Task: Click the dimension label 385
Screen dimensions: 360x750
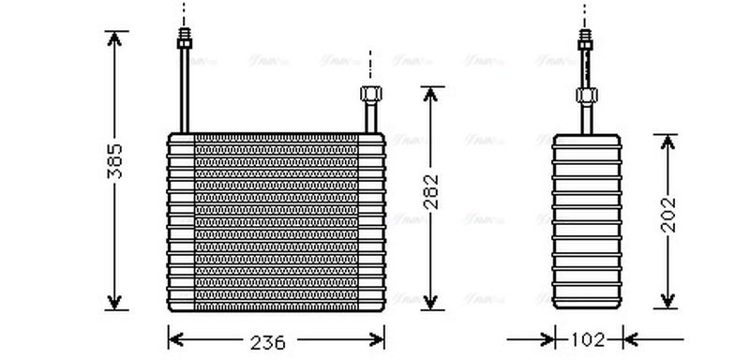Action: (113, 165)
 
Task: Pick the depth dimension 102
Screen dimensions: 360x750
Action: (587, 339)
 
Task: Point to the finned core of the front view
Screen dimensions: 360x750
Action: (276, 221)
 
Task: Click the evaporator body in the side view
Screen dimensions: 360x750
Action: (587, 221)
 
